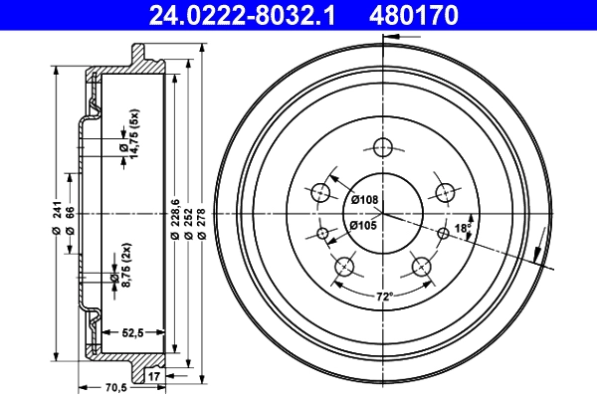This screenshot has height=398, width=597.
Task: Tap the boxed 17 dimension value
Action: coord(153,376)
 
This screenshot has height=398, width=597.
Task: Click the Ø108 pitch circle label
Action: coord(365,200)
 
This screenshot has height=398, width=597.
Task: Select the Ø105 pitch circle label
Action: coord(365,226)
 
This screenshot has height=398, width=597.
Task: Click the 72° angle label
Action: coord(384,297)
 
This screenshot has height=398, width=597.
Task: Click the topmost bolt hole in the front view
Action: coord(382,147)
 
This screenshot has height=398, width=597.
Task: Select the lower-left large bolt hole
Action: coord(344,266)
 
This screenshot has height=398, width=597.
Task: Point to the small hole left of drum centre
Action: coord(321,234)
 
